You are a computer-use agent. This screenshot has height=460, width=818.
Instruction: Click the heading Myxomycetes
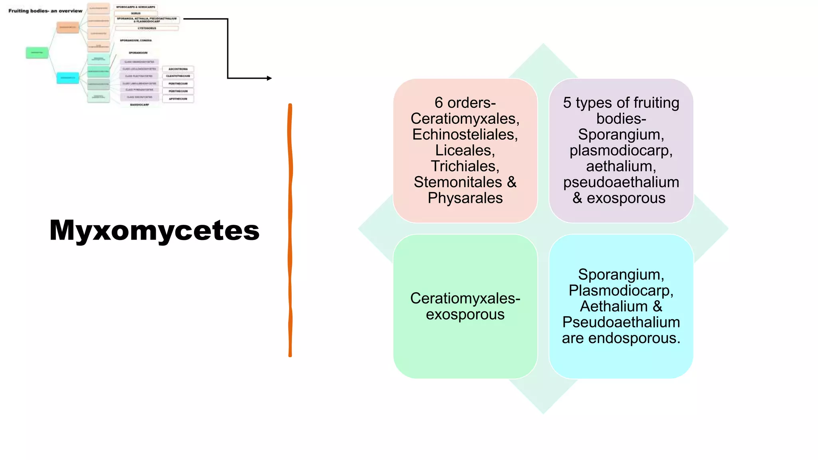click(154, 230)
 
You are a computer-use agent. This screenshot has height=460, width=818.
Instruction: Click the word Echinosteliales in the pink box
click(465, 135)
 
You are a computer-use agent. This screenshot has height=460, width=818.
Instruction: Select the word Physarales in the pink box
click(465, 198)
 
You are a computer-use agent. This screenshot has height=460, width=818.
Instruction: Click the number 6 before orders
click(439, 103)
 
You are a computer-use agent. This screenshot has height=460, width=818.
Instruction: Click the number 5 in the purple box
click(567, 103)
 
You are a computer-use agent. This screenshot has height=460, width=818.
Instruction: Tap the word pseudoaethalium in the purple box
click(621, 182)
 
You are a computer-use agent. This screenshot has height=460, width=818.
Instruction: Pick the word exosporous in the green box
click(465, 315)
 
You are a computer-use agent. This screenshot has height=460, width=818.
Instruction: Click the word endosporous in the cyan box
click(634, 338)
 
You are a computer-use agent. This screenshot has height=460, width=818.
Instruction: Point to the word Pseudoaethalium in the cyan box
click(621, 322)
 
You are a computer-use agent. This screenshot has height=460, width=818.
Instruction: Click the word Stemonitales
click(458, 182)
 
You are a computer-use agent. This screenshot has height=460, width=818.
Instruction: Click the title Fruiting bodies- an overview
click(45, 11)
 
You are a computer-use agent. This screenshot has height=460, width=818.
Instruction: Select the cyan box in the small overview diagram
click(68, 77)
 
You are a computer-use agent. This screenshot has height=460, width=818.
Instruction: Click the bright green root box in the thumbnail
click(37, 52)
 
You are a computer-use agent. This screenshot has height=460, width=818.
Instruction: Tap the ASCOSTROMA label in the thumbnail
click(178, 69)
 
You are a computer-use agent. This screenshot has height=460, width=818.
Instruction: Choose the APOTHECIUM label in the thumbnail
click(178, 99)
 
